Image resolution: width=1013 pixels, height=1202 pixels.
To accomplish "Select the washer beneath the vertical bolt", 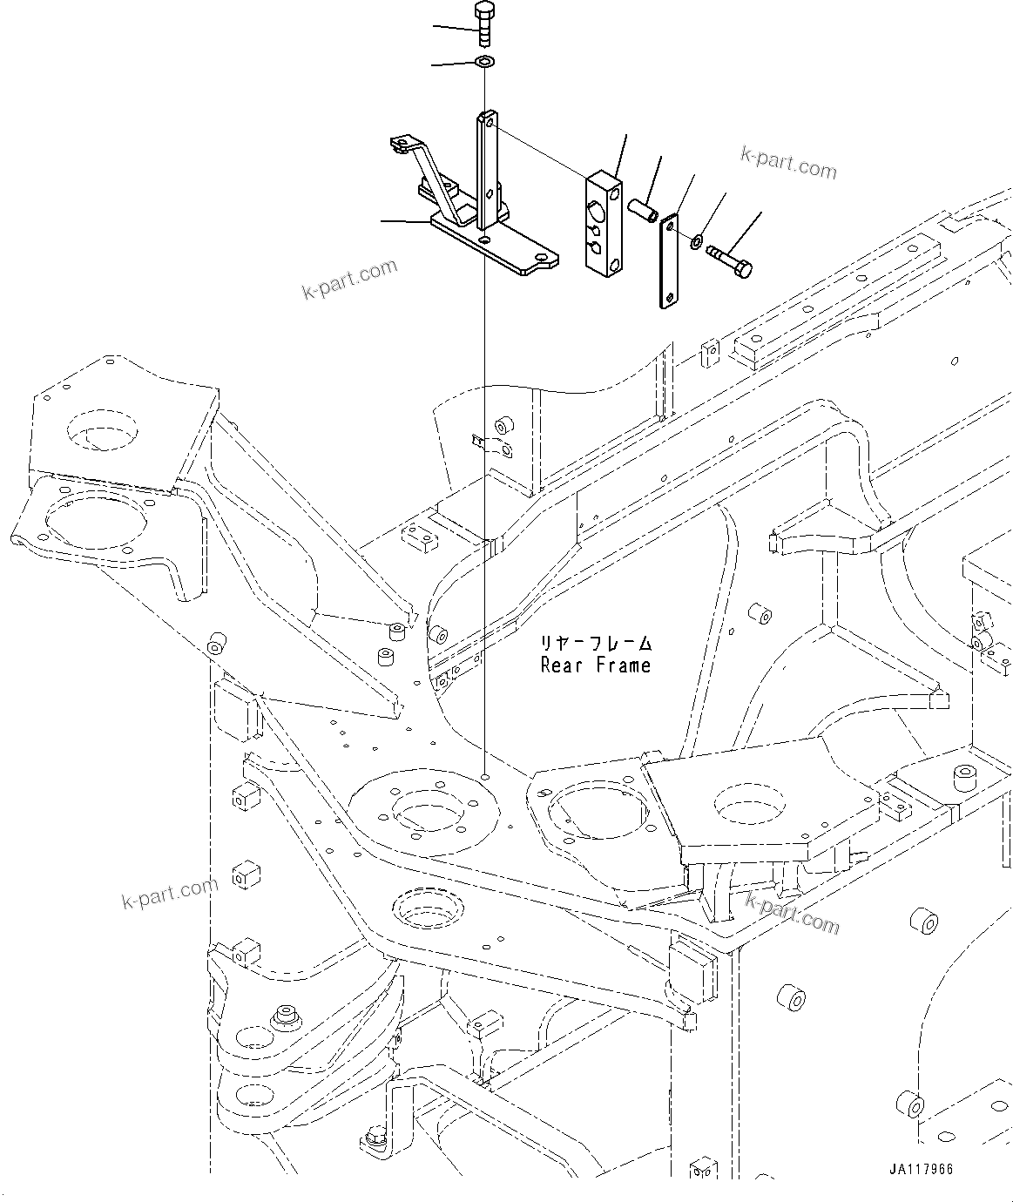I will click(484, 62).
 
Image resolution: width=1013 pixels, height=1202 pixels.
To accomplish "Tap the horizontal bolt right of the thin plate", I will click(730, 260).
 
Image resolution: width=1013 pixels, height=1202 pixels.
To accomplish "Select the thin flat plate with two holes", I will click(668, 262).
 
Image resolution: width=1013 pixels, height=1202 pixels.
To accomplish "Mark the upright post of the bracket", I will click(487, 174).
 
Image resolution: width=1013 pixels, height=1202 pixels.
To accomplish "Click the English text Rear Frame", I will click(595, 665).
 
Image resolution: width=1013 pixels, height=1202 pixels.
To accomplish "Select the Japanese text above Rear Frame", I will click(595, 644).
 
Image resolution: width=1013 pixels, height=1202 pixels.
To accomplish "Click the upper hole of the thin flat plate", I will click(668, 226).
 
